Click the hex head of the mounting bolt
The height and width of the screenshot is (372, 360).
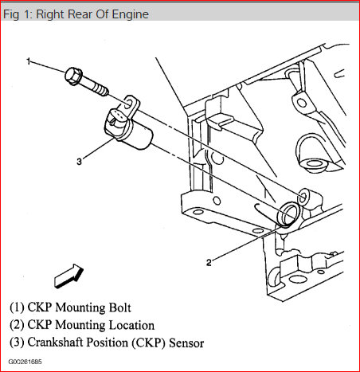tap(73, 76)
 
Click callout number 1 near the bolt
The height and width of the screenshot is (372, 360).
tap(29, 61)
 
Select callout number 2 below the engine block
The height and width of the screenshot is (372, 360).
tap(209, 263)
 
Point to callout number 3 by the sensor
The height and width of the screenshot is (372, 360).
tap(79, 162)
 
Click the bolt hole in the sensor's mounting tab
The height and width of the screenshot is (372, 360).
tap(127, 104)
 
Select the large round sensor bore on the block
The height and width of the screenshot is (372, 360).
tap(288, 214)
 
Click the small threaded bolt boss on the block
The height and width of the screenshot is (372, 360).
tap(304, 198)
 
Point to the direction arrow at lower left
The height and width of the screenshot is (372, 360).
tap(68, 276)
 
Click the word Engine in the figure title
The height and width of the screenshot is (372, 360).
tap(131, 14)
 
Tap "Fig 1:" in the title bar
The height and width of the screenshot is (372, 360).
tap(18, 14)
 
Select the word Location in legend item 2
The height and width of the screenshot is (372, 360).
tap(131, 325)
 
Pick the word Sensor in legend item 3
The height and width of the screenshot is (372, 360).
tap(186, 343)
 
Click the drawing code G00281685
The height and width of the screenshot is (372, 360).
tap(25, 362)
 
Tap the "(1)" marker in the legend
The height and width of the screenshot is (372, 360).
tap(17, 307)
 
